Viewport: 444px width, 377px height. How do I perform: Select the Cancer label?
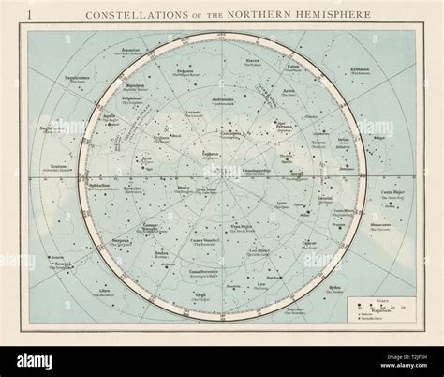(309, 243)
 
